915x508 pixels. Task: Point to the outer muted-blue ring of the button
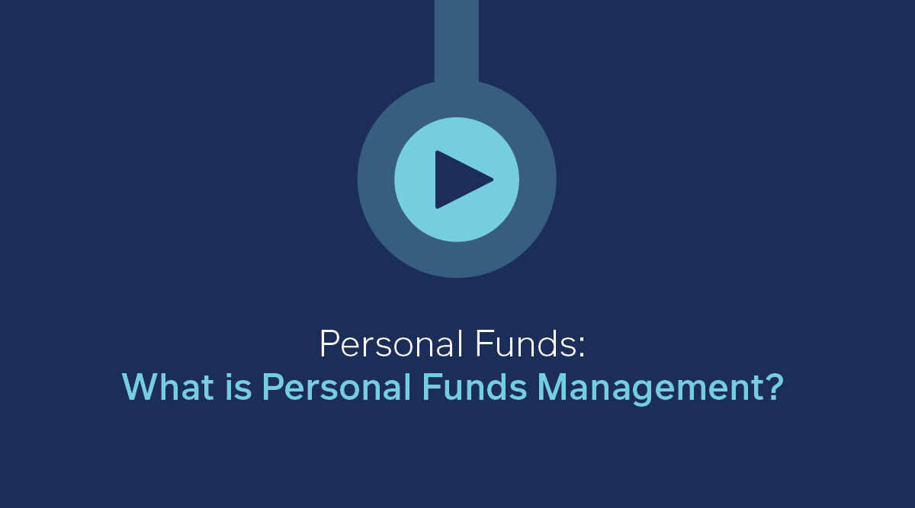pyautogui.click(x=376, y=180)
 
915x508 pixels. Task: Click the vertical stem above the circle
pyautogui.click(x=457, y=41)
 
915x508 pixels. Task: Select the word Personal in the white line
pyautogui.click(x=392, y=344)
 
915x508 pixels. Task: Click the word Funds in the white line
pyautogui.click(x=525, y=344)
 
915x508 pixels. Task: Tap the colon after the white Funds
pyautogui.click(x=582, y=348)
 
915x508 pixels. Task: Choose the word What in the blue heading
pyautogui.click(x=168, y=386)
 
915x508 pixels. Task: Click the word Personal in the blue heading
pyautogui.click(x=336, y=386)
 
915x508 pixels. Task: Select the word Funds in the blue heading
pyautogui.click(x=474, y=386)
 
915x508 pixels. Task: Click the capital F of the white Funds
pyautogui.click(x=484, y=344)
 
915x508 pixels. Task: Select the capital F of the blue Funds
pyautogui.click(x=432, y=386)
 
